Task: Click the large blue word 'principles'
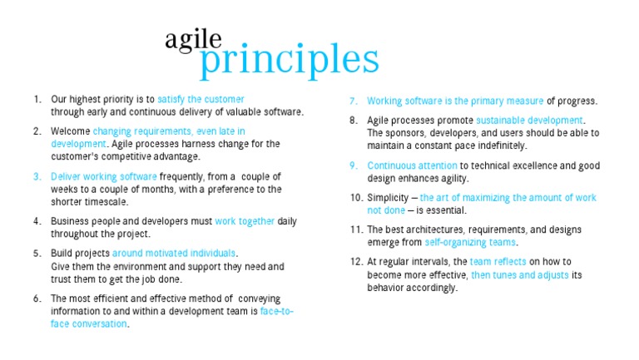pyautogui.click(x=290, y=59)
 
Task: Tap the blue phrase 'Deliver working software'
pyautogui.click(x=103, y=176)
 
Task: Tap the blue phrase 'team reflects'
pyautogui.click(x=498, y=261)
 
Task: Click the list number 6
pyautogui.click(x=37, y=298)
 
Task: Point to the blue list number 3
pyautogui.click(x=37, y=176)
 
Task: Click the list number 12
pyautogui.click(x=355, y=261)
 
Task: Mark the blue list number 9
pyautogui.click(x=354, y=165)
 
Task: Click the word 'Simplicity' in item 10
pyautogui.click(x=389, y=197)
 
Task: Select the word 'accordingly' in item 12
pyautogui.click(x=431, y=288)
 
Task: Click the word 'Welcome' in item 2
pyautogui.click(x=70, y=131)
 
